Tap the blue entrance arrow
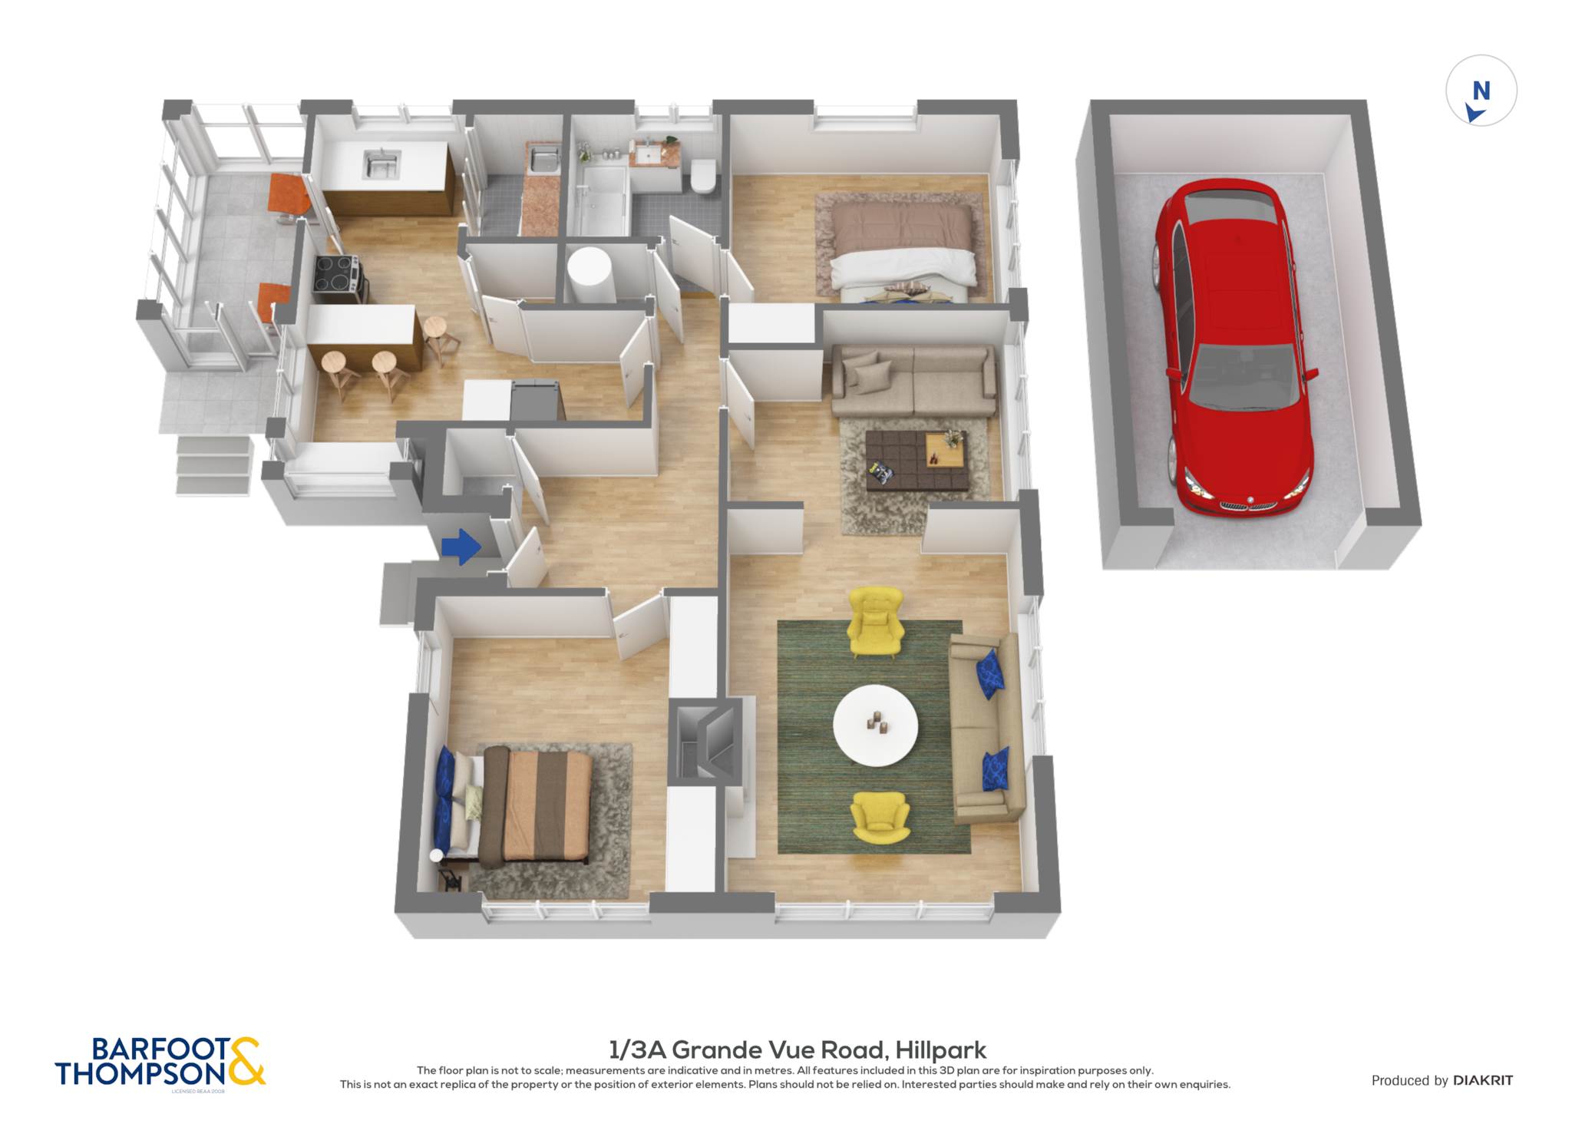[x=461, y=547]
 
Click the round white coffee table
[x=875, y=726]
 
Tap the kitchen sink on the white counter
[x=381, y=163]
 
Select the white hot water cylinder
[x=589, y=276]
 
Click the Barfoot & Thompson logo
[x=160, y=1062]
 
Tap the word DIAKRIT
[x=1483, y=1080]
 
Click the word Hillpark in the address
[x=940, y=1049]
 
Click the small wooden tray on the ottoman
[x=944, y=450]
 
